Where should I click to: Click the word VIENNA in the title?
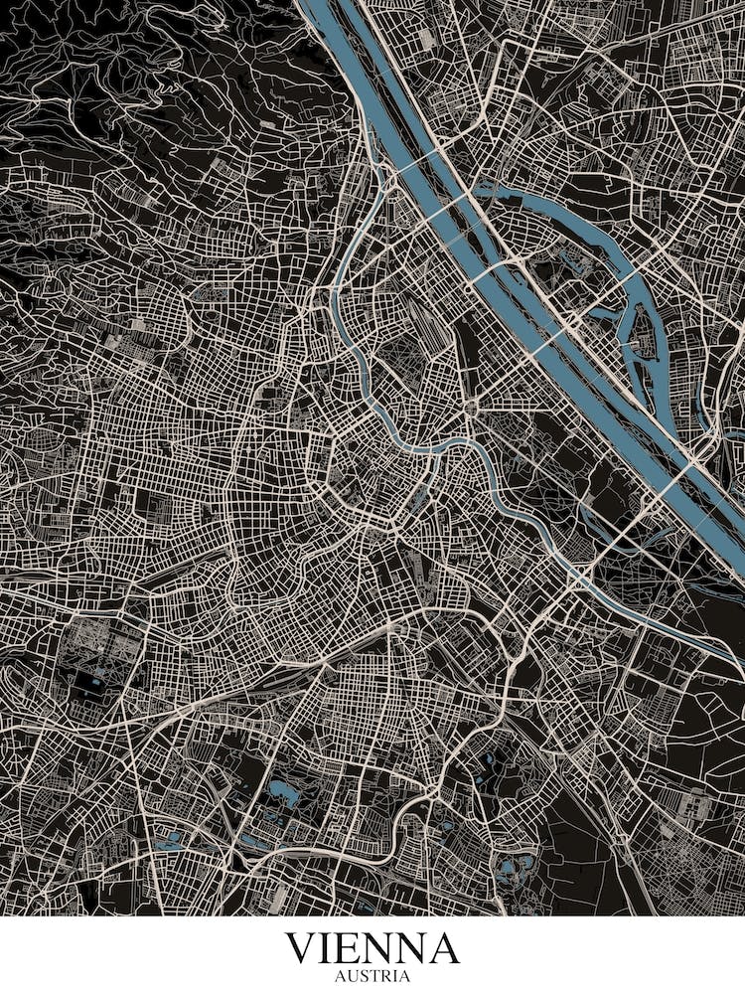(372, 948)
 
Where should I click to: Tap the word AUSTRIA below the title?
(372, 976)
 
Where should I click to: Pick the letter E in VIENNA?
(353, 948)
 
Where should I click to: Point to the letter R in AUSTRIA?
(384, 976)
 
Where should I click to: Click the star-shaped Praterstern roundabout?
(470, 406)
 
